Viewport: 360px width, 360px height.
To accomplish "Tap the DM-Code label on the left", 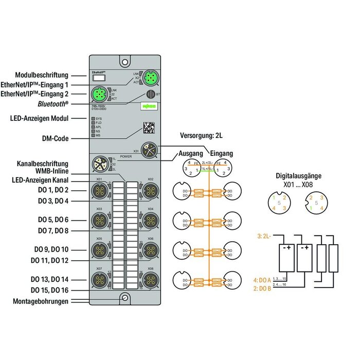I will pyautogui.click(x=55, y=138).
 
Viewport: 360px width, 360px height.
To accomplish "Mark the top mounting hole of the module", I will pyautogui.click(x=124, y=62).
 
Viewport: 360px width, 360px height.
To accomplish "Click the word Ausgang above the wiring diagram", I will pyautogui.click(x=191, y=153).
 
